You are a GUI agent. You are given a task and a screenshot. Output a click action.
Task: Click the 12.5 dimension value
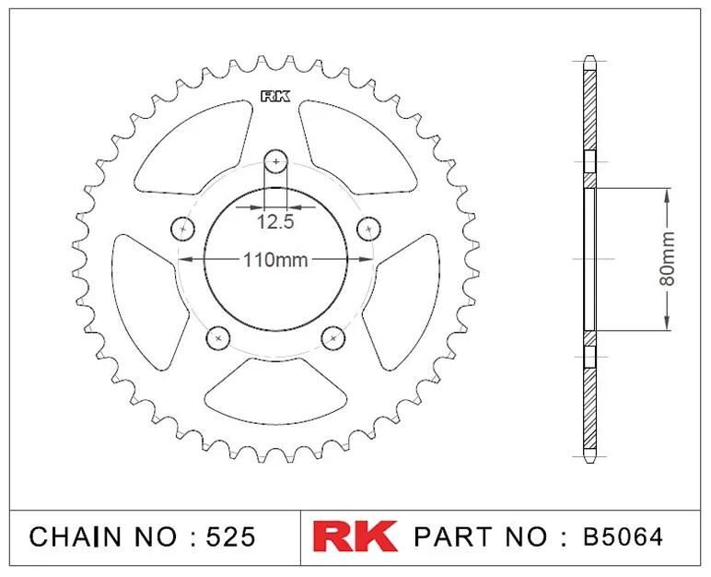point(275,222)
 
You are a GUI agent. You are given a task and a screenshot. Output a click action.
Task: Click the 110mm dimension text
point(275,260)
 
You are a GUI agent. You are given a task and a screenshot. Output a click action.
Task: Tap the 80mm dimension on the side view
point(667,259)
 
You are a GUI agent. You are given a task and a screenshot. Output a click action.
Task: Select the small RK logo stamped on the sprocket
point(275,97)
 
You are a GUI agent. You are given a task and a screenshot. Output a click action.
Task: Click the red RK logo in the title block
point(355,536)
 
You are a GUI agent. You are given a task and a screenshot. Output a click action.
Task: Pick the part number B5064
point(623,537)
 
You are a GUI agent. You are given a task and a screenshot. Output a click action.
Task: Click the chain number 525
point(230,537)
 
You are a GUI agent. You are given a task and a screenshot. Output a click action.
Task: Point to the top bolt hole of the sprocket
point(275,161)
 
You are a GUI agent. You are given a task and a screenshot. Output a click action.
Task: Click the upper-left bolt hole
point(182,229)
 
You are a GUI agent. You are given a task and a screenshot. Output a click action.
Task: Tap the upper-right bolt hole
point(368,229)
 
